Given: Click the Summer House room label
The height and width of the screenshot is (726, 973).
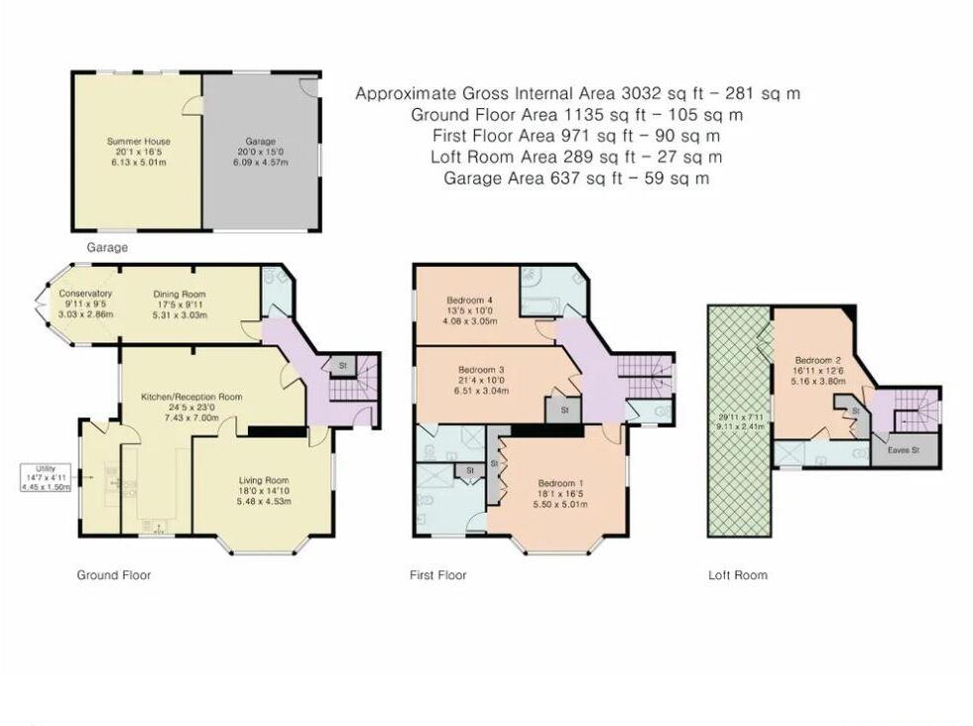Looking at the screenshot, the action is [139, 141].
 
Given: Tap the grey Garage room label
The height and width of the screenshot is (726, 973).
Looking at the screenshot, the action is [260, 142].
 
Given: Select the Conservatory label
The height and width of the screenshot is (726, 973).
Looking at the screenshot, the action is [85, 294].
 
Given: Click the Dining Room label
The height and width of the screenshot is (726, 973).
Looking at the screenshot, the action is [180, 295].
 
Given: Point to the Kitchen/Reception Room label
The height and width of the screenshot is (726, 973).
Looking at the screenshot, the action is [191, 397].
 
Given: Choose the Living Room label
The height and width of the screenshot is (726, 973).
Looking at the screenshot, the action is [264, 480].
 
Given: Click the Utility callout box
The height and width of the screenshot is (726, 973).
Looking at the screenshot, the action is [46, 477].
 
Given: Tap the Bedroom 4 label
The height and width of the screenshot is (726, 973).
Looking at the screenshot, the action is [469, 301].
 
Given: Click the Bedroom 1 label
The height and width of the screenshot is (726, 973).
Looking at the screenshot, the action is [561, 483].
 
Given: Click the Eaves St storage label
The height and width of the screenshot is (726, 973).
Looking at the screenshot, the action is [903, 450].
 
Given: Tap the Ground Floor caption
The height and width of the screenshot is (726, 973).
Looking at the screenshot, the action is [113, 575].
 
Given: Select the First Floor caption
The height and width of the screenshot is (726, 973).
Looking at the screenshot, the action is [437, 575].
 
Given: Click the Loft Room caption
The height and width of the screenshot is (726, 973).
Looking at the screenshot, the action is [738, 575].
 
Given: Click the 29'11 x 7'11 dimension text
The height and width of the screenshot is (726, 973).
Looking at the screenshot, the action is [740, 417].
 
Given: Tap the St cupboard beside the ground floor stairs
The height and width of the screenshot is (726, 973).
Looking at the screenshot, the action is [342, 366].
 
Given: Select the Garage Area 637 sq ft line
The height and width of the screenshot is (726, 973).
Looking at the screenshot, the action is [576, 179].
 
